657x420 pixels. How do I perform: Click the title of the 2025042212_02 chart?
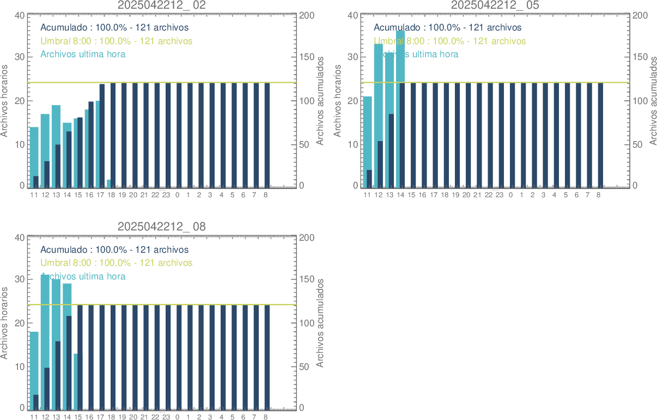162,5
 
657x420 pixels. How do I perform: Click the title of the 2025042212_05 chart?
495,5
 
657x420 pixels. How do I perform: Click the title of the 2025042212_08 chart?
162,227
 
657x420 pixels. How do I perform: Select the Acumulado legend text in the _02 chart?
114,27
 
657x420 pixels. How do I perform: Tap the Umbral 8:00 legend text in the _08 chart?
116,263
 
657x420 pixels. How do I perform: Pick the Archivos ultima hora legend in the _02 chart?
83,54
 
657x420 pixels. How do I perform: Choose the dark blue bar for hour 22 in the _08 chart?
157,357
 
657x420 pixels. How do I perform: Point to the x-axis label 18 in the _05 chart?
445,194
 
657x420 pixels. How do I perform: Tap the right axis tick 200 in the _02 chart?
306,15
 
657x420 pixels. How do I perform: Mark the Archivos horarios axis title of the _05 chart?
337,100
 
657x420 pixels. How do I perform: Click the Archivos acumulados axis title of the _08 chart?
321,322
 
